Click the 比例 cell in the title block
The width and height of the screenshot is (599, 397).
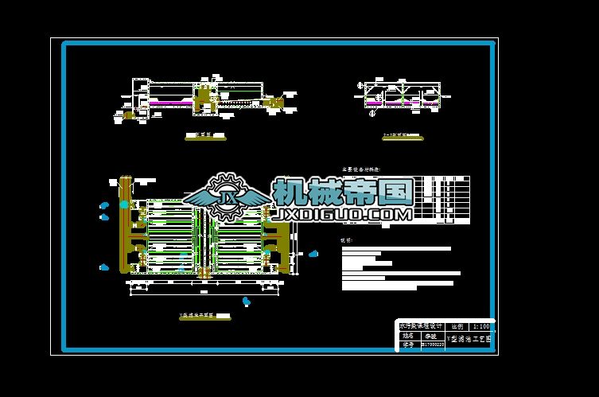(x=457, y=326)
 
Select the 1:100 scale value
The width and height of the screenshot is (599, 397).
(x=480, y=326)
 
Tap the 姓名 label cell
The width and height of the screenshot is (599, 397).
(x=407, y=336)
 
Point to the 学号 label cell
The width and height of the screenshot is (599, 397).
(x=407, y=345)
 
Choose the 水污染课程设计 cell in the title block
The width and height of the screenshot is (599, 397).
(x=420, y=326)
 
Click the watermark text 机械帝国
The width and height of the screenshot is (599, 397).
(x=343, y=192)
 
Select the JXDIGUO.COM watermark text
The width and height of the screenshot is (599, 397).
(x=343, y=214)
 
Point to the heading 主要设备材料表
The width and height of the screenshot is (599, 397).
(x=361, y=169)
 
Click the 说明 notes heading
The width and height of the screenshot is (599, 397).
(x=347, y=239)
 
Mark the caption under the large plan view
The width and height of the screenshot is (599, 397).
(x=200, y=316)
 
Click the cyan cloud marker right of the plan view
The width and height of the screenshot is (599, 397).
(x=313, y=255)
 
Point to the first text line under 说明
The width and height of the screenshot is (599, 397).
(x=395, y=249)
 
